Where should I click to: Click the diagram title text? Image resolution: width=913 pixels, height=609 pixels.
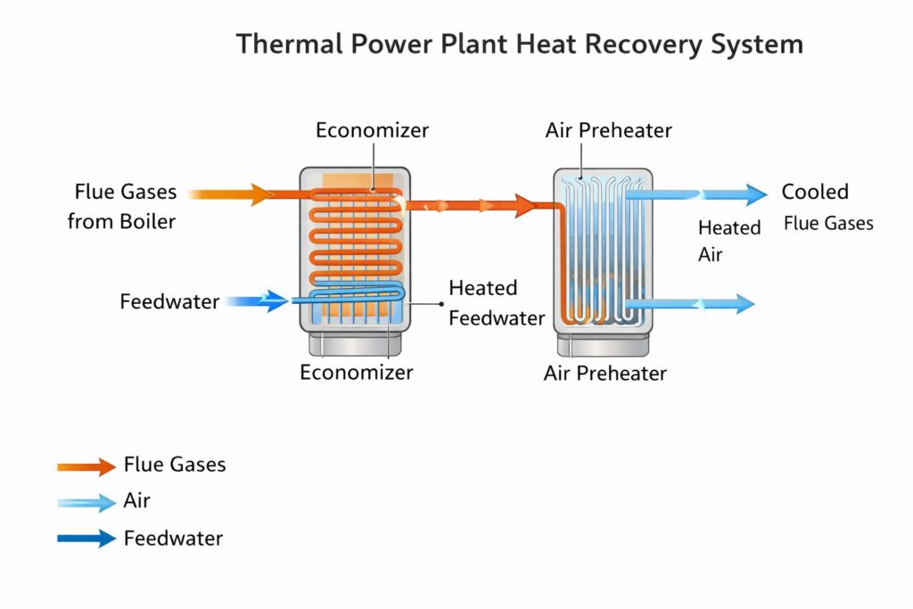pyautogui.click(x=519, y=44)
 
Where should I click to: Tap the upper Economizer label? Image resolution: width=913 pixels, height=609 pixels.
pyautogui.click(x=372, y=130)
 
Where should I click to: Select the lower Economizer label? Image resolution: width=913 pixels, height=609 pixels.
pyautogui.click(x=356, y=372)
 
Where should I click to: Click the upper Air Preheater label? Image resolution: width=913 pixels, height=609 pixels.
pyautogui.click(x=608, y=130)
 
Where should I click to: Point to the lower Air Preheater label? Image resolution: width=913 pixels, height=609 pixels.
pyautogui.click(x=605, y=373)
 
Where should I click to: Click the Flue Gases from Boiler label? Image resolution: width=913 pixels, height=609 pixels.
pyautogui.click(x=122, y=206)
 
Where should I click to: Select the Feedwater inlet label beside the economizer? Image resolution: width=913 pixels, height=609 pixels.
pyautogui.click(x=169, y=301)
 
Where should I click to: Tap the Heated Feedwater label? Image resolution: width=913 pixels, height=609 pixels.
pyautogui.click(x=496, y=303)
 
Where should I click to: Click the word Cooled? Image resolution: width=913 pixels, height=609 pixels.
pyautogui.click(x=815, y=192)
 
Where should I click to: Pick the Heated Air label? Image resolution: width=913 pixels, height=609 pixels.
pyautogui.click(x=729, y=241)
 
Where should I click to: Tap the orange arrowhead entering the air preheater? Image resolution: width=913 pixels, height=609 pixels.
pyautogui.click(x=523, y=206)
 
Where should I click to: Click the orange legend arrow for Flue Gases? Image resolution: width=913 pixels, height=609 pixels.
pyautogui.click(x=86, y=465)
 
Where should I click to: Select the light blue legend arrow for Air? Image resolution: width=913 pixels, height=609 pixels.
pyautogui.click(x=86, y=502)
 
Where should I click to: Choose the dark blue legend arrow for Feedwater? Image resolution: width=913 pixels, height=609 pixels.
pyautogui.click(x=86, y=539)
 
